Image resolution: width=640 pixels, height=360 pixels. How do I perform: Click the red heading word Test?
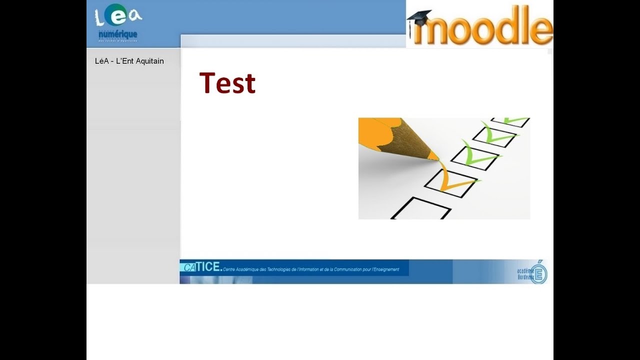coord(227,83)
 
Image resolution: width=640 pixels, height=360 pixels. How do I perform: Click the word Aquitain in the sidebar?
coord(149,61)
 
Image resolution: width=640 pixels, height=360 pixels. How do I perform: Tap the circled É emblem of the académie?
coord(539,273)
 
